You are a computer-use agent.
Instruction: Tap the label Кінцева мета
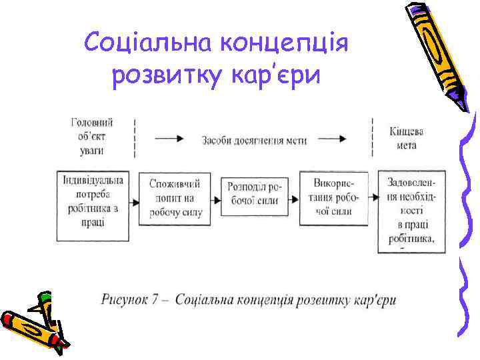(407, 137)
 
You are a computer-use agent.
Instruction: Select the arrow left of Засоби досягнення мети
(169, 139)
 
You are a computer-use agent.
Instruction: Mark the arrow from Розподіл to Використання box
(294, 199)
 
